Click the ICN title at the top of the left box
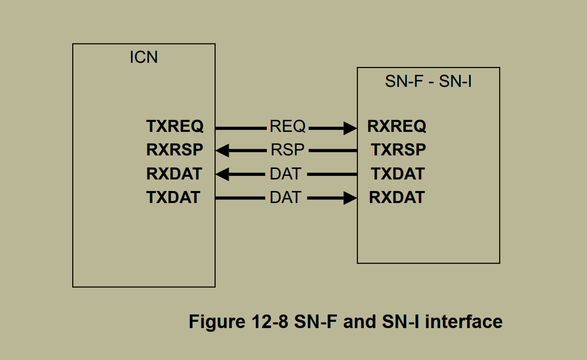(x=143, y=57)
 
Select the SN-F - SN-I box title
(x=428, y=82)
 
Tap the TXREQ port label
(x=175, y=127)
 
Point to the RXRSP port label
(x=175, y=150)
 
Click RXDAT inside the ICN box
(x=174, y=174)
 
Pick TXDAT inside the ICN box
(x=173, y=197)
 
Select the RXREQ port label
(x=397, y=127)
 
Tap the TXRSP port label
(x=398, y=150)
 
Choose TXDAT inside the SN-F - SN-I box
(x=398, y=174)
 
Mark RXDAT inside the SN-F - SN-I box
(x=397, y=197)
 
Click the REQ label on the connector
(x=287, y=127)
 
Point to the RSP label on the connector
(x=287, y=150)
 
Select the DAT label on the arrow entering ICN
(x=285, y=174)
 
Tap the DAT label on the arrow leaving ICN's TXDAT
(x=285, y=197)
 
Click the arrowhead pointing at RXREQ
(x=350, y=127)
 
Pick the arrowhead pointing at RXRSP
(x=222, y=151)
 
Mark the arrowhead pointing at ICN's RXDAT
(x=222, y=174)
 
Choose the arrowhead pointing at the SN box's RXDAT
(x=350, y=198)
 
